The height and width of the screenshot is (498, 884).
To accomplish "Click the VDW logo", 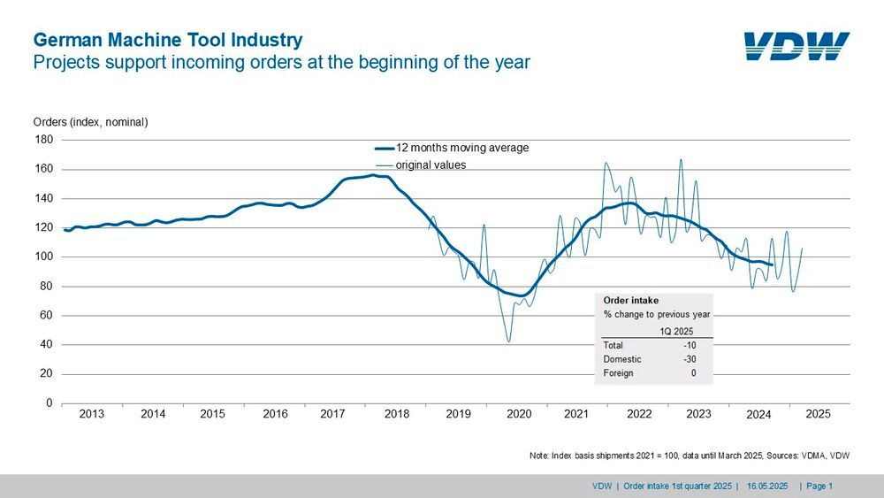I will pyautogui.click(x=796, y=46).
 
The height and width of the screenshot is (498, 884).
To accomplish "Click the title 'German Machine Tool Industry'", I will pyautogui.click(x=168, y=40).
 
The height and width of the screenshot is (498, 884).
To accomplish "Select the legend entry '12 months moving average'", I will pyautogui.click(x=462, y=148).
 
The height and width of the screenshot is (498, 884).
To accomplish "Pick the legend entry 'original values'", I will pyautogui.click(x=431, y=165).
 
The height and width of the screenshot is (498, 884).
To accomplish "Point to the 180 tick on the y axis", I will pyautogui.click(x=44, y=140).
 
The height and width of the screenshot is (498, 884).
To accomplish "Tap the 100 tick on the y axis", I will pyautogui.click(x=44, y=257).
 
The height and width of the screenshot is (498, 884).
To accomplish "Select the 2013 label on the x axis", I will pyautogui.click(x=91, y=414).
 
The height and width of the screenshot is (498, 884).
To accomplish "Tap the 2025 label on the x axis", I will pyautogui.click(x=818, y=414).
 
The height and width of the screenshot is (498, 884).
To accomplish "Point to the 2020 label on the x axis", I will pyautogui.click(x=518, y=414).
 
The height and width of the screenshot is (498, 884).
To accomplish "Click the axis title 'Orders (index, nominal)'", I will pyautogui.click(x=90, y=122).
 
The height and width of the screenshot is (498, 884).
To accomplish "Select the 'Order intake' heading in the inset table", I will pyautogui.click(x=631, y=300).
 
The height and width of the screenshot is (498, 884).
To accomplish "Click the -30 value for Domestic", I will pyautogui.click(x=687, y=359).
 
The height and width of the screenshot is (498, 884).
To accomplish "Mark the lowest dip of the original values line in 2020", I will pyautogui.click(x=509, y=341).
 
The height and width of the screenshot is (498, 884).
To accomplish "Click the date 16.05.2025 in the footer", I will pyautogui.click(x=766, y=486).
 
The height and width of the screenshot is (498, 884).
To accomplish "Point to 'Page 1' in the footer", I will pyautogui.click(x=819, y=486).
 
